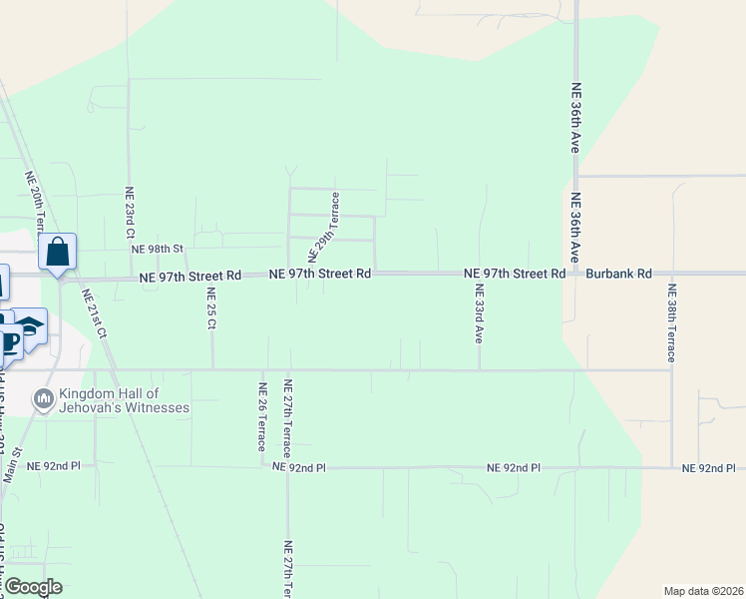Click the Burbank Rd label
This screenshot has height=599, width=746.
[618, 273]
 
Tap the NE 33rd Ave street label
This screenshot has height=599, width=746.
[480, 314]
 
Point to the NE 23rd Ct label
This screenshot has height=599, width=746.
[129, 212]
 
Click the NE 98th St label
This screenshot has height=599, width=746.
[159, 249]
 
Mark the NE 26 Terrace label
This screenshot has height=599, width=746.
[262, 418]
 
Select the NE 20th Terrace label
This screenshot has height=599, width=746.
[35, 200]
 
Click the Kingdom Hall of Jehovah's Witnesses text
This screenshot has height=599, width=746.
[124, 401]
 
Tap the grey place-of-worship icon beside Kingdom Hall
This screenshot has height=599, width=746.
[43, 401]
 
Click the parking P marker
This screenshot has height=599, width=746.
[11, 342]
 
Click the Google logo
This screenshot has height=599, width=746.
[33, 587]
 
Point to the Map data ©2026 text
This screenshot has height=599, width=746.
[702, 590]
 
